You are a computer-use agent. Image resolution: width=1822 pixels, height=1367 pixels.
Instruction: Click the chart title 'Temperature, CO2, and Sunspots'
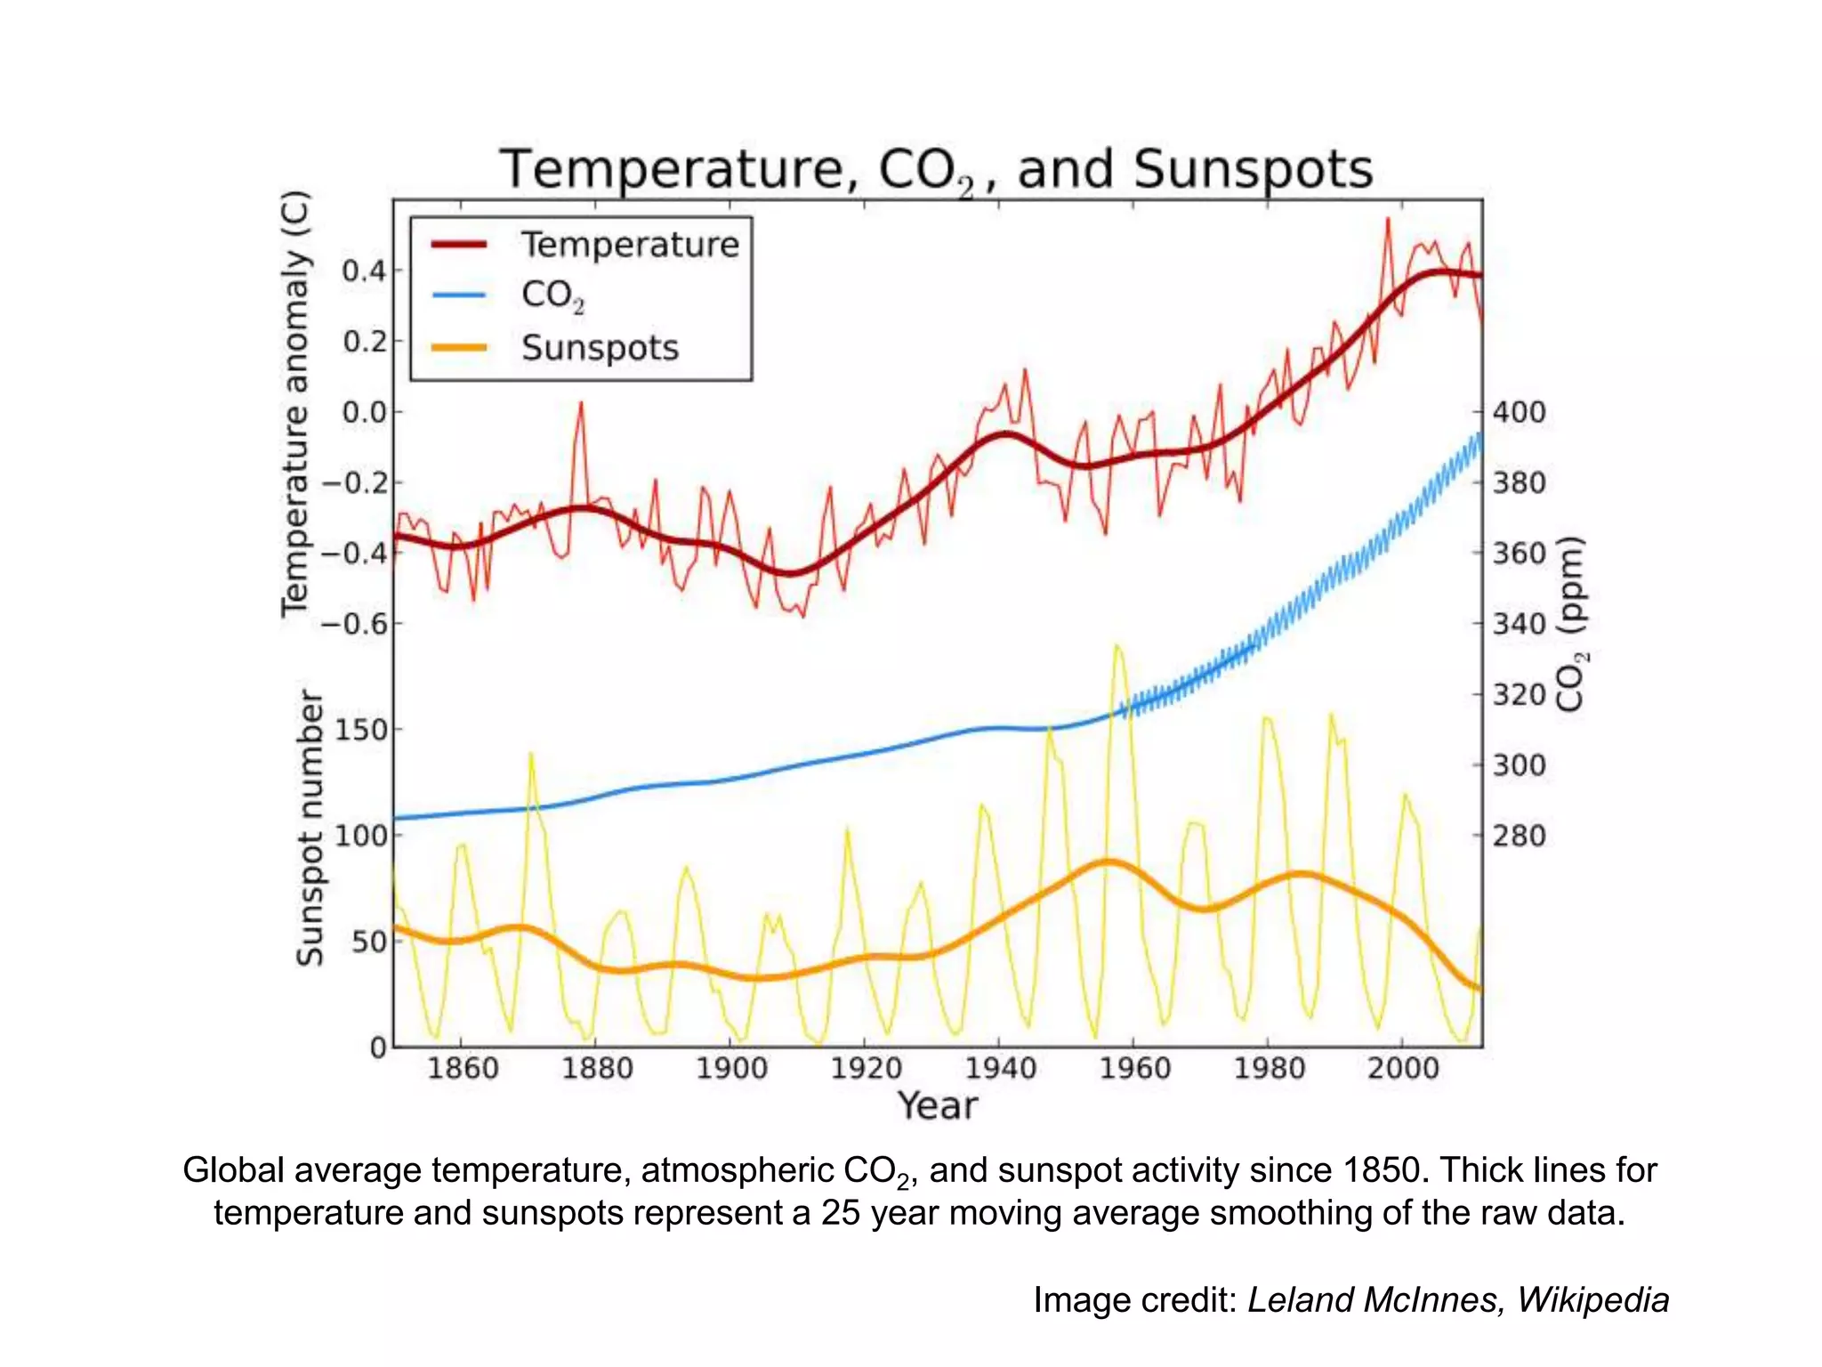936,169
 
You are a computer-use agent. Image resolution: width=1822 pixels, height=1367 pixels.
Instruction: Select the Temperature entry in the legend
629,245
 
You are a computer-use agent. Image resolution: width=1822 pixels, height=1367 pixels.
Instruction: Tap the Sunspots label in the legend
600,348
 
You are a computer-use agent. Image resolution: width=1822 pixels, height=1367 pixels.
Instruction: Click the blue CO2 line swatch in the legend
459,295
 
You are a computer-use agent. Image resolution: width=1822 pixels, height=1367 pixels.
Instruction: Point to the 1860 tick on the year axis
463,1067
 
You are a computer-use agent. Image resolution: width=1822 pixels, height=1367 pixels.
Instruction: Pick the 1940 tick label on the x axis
1000,1067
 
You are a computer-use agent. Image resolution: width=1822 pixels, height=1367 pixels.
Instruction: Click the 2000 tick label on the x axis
1403,1067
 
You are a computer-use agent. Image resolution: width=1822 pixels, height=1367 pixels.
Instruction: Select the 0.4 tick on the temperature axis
364,271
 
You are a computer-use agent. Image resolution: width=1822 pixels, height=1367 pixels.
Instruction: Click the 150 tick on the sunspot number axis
361,730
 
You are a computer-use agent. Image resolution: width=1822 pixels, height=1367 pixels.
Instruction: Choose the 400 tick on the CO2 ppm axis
1519,412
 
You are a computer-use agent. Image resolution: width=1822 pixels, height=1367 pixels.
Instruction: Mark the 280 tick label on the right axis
1519,836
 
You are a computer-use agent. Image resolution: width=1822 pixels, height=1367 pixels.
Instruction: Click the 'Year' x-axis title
937,1106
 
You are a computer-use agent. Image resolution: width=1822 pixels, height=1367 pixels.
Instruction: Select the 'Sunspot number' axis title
310,828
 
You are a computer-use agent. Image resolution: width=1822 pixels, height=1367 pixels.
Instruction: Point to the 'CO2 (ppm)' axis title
1571,624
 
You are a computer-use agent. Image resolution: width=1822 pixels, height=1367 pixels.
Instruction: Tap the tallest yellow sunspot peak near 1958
1117,648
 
